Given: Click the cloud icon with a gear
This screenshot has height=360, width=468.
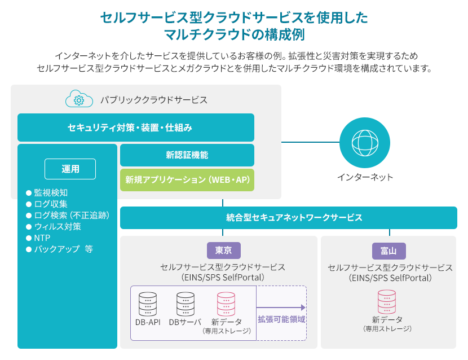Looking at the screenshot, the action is point(79,99).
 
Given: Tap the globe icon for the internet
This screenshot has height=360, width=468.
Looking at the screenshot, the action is point(365,143).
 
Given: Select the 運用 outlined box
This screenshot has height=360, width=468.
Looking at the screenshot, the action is point(70,169).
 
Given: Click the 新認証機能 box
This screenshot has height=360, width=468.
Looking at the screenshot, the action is point(187,155).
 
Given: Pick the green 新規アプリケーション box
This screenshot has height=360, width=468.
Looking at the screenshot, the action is point(187,180).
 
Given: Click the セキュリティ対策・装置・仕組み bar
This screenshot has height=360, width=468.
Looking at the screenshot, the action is point(136,128).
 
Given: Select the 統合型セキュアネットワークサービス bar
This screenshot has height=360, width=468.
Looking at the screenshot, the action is point(289,218).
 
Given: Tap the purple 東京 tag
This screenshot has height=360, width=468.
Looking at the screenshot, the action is point(224,251).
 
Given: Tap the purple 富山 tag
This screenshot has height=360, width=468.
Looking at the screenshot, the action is point(389,251).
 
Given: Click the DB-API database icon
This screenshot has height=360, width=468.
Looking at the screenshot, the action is point(148,304).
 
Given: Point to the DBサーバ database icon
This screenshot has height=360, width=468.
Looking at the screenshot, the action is point(186,304).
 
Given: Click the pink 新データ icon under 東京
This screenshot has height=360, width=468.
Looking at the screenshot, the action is point(226,304).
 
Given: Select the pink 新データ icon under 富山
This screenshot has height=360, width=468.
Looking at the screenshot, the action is point(387,302).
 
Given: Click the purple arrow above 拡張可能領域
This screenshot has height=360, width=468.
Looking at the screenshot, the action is point(281,308).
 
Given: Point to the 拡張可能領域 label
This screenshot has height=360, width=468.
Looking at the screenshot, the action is point(281,319).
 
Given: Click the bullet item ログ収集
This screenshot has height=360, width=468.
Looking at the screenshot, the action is point(47,204).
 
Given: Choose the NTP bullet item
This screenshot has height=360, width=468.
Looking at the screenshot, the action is point(38,238).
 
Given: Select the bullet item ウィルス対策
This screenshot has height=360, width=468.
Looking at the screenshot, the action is point(54,227).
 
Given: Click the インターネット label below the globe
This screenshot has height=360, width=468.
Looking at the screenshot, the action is point(365,177).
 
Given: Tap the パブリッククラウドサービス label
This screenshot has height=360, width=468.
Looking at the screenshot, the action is point(154,100).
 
